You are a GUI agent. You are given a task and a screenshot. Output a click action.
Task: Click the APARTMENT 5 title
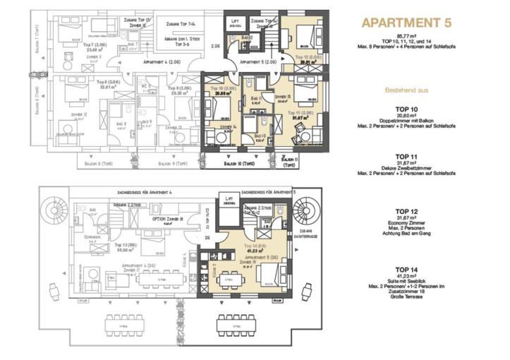[406, 22]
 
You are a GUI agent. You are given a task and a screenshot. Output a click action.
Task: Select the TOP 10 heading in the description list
[406, 109]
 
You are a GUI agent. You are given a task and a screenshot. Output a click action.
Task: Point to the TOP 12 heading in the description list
[406, 211]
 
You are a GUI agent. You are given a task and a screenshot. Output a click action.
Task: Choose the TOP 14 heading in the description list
[406, 270]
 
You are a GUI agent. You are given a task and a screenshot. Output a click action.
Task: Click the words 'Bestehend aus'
[406, 90]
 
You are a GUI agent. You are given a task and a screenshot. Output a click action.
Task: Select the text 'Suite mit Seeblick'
[406, 281]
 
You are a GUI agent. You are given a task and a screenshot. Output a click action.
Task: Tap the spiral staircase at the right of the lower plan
[305, 211]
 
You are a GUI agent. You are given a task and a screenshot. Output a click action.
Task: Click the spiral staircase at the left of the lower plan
[55, 211]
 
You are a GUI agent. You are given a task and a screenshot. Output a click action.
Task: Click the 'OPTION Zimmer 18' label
[169, 220]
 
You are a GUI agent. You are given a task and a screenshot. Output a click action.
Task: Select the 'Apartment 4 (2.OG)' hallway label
[162, 63]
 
